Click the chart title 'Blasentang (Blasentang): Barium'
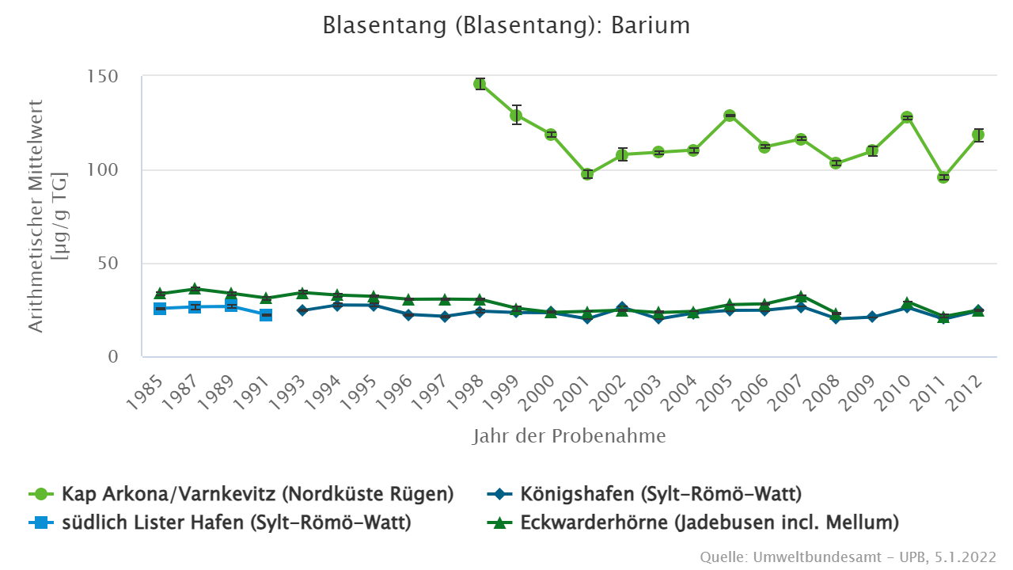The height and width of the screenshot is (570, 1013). (506, 25)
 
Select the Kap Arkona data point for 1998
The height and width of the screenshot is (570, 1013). (480, 84)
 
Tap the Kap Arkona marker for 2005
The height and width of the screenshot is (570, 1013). (730, 116)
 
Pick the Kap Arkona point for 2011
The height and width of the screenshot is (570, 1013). (943, 177)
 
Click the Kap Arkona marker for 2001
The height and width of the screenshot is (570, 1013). (587, 174)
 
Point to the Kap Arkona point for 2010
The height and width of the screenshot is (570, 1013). (907, 117)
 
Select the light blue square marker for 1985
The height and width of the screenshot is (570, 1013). (160, 309)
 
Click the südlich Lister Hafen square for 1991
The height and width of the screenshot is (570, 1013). (267, 315)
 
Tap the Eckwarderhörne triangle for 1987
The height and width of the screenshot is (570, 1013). (195, 289)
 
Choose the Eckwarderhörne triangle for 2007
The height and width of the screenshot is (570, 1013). (801, 296)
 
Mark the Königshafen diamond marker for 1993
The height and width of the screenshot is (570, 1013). (302, 310)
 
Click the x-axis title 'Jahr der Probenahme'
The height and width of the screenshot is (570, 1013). (569, 436)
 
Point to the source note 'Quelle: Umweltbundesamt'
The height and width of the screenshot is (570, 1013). (848, 557)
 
